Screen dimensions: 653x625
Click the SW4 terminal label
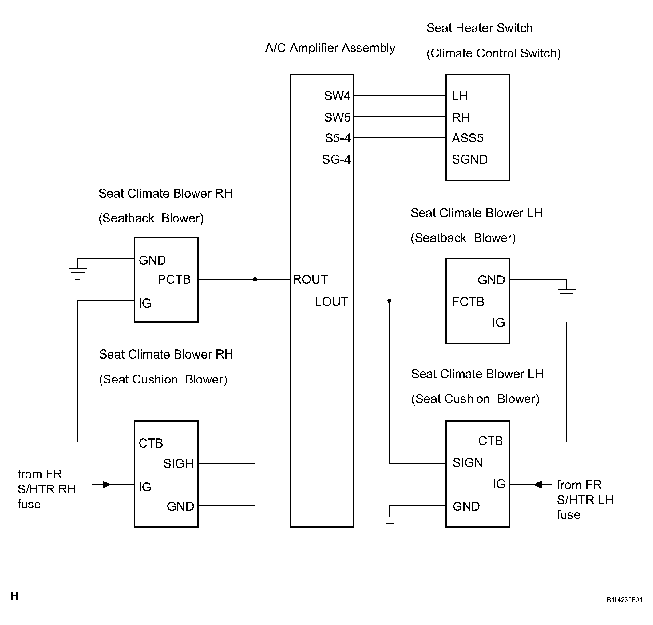click(337, 96)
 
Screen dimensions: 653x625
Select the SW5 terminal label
click(337, 117)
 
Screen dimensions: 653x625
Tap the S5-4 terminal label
click(338, 138)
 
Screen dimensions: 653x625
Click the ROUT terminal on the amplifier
click(310, 279)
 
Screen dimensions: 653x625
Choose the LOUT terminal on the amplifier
click(331, 302)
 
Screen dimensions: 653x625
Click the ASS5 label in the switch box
click(467, 138)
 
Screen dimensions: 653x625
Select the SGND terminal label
click(470, 159)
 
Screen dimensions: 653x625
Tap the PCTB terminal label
click(174, 279)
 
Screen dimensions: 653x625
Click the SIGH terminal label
click(178, 463)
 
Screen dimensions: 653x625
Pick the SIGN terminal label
click(467, 462)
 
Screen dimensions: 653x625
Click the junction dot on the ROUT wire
click(255, 279)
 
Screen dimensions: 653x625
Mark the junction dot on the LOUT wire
click(390, 301)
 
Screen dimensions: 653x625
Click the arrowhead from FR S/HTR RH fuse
click(107, 485)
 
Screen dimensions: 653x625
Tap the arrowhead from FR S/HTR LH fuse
click(537, 485)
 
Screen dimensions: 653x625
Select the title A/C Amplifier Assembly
click(330, 48)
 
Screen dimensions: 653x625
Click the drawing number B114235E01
click(624, 600)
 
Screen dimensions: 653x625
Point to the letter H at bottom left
click(14, 596)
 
